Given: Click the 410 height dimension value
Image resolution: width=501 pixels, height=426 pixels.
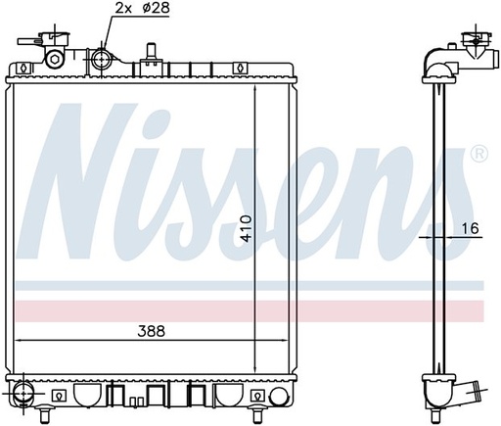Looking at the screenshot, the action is click(x=247, y=228).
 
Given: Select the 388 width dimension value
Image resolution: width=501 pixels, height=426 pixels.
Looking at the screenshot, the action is click(x=152, y=331).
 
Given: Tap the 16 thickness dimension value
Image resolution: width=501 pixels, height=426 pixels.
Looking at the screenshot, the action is click(x=470, y=228).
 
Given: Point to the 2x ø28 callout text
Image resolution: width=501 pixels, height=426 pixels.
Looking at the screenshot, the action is click(x=143, y=8).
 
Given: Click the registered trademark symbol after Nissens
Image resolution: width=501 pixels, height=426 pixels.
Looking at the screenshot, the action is click(x=479, y=154).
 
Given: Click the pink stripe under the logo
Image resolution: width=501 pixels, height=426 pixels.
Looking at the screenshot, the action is click(x=250, y=311).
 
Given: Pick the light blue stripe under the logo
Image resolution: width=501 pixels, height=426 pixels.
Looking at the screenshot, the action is click(x=250, y=285).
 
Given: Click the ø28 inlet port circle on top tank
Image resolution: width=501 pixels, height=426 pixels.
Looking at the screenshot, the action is click(x=101, y=60).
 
